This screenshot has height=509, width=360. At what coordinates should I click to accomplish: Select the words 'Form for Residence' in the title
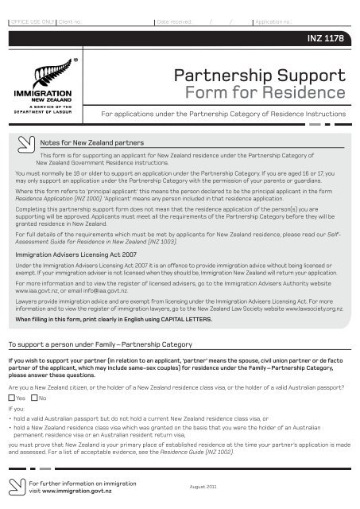(286, 95)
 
